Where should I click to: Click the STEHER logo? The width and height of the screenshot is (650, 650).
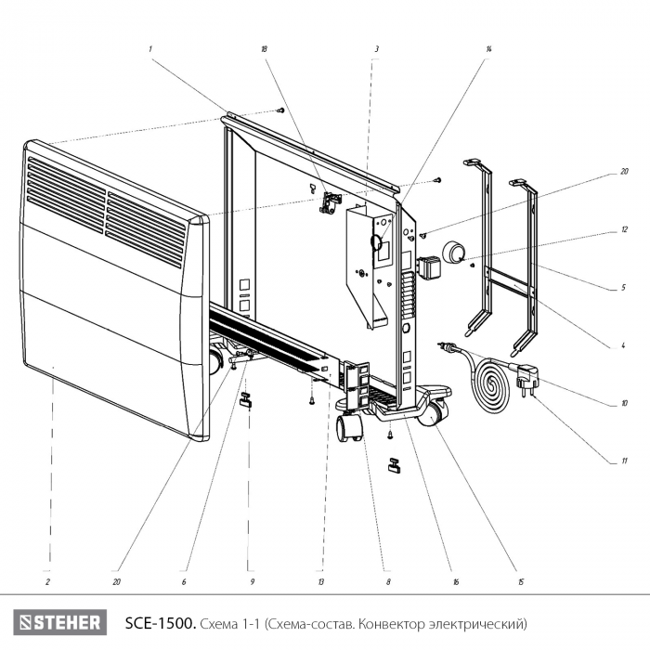click(61, 621)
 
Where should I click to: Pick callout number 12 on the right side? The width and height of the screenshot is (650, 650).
click(624, 227)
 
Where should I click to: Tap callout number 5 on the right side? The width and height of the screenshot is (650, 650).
click(624, 289)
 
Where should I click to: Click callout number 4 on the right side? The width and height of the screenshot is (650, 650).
click(624, 346)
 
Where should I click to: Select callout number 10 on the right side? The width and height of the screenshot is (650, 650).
click(624, 404)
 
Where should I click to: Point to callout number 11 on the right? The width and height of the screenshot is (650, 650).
click(624, 461)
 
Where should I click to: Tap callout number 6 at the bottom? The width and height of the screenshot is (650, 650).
click(184, 582)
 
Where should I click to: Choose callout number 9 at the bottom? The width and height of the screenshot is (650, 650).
click(252, 582)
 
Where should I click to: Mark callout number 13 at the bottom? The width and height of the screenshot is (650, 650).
click(319, 582)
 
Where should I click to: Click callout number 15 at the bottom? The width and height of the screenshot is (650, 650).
click(522, 582)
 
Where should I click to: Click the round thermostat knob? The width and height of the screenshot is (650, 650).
click(456, 253)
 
